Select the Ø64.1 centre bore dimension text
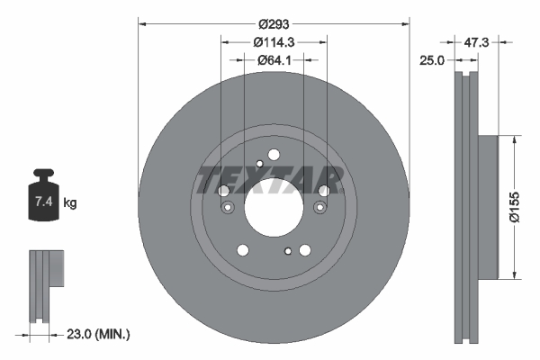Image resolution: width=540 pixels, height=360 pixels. pos(274,60)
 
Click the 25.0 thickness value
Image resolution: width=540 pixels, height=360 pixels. pos(433,60)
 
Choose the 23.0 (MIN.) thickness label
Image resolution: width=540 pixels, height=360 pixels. pos(100,334)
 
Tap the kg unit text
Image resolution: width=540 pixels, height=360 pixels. pos(70,203)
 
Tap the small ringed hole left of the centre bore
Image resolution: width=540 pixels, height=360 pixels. pos(228,209)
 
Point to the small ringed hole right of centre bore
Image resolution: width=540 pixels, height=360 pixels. pos(319,209)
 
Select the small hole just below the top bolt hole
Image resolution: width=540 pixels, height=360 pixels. pos(260,163)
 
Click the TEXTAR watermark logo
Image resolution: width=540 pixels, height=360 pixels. pos(271,178)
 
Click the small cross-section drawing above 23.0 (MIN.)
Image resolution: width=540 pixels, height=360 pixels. pos(46,285)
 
